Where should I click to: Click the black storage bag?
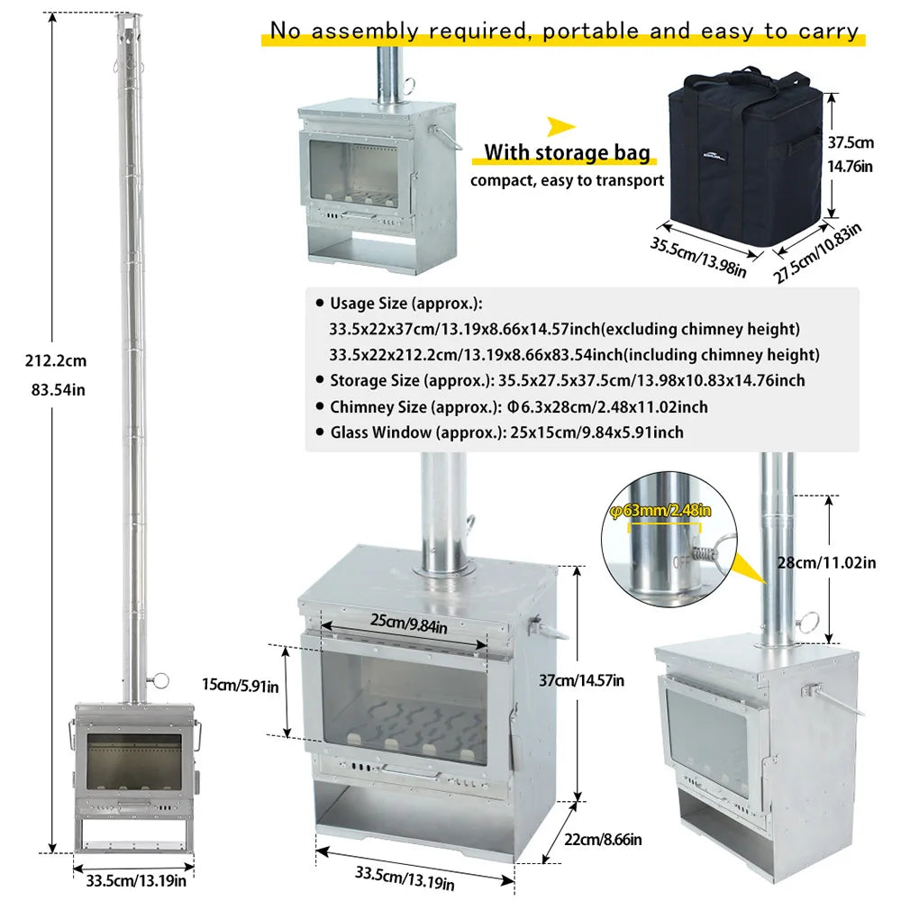coord(745,155)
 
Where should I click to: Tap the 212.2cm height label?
coord(56,361)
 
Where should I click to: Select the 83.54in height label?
coord(58,390)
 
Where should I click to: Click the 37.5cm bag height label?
coord(851,142)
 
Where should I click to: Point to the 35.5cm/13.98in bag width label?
coord(698,257)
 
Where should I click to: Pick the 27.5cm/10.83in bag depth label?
coord(816,253)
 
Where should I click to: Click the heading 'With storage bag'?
coord(567,152)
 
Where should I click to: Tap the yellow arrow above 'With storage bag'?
coord(560,126)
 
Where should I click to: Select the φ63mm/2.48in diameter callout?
coord(660,510)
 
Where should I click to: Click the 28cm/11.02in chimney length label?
coord(826,562)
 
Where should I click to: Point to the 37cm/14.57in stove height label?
coord(581,681)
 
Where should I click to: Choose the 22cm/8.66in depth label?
coord(603,840)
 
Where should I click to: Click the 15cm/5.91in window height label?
coord(241,685)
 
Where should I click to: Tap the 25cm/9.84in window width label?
coord(408,623)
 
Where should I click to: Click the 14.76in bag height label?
coord(850,167)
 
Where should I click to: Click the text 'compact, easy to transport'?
coord(567,180)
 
